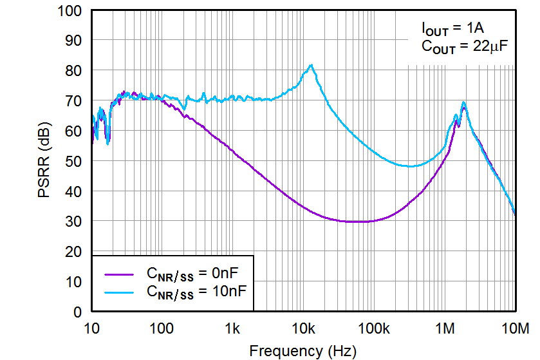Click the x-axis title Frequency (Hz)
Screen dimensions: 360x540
point(302,350)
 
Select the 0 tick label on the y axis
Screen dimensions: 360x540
point(77,312)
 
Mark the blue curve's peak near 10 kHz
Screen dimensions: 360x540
point(312,65)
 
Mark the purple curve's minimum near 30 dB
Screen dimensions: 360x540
point(357,222)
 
